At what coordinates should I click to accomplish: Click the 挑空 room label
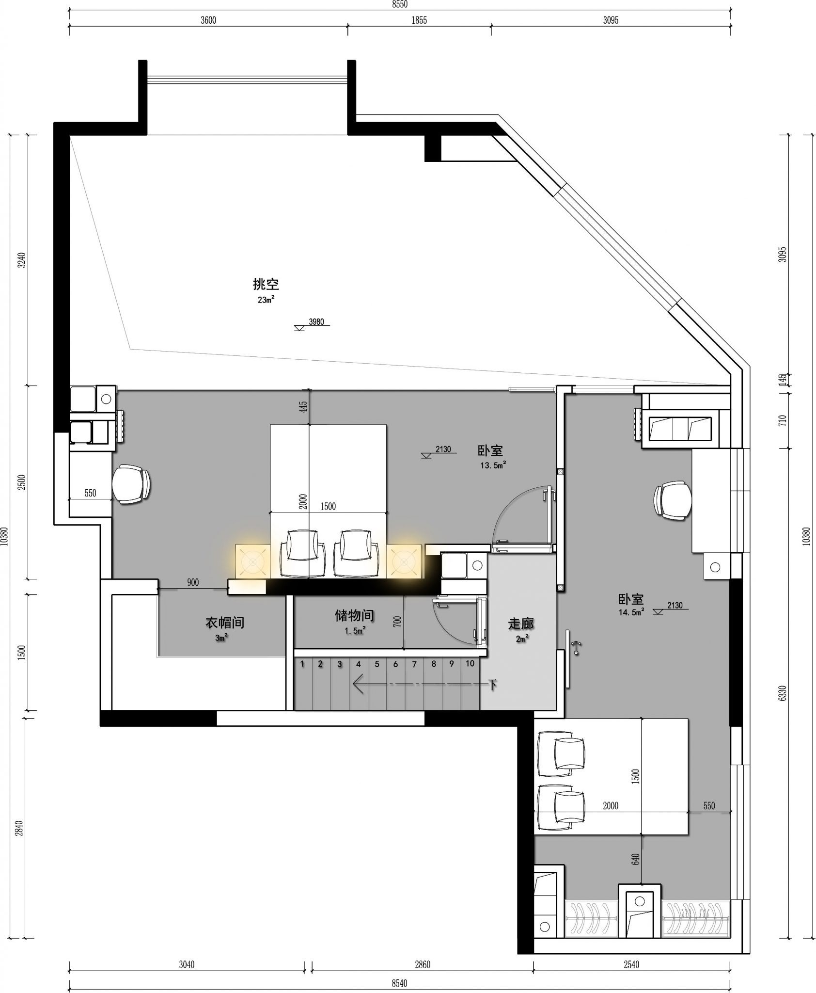266,284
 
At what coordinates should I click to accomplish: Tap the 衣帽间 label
225,623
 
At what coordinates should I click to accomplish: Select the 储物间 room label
354,616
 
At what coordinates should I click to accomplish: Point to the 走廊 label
521,624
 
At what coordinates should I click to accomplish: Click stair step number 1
302,664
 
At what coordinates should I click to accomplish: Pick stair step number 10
470,664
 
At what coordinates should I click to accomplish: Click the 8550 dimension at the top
400,4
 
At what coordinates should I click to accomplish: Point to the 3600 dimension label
208,20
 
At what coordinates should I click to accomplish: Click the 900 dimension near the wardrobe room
193,583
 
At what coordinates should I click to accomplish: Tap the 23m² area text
266,300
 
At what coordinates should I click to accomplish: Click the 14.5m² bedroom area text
631,612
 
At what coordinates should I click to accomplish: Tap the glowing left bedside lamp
252,561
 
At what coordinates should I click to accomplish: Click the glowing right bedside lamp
404,561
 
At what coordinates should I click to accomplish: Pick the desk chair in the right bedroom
673,500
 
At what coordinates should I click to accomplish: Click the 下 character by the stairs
493,685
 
